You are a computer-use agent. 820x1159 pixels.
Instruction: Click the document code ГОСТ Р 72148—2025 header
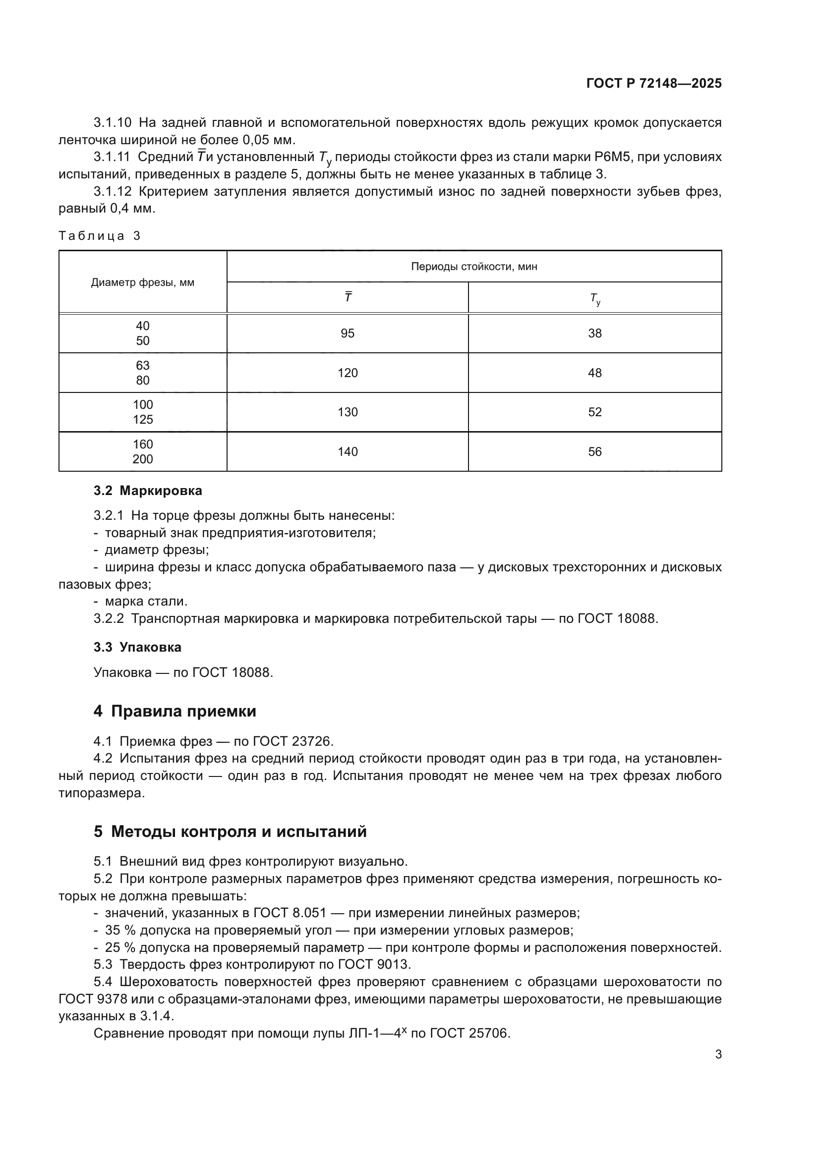[x=654, y=84]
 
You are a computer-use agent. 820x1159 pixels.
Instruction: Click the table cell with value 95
[x=348, y=333]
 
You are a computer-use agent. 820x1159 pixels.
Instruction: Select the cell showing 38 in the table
[x=594, y=333]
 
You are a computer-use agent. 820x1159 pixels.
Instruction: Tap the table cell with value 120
[x=348, y=373]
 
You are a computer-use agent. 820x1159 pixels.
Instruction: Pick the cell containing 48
[x=594, y=373]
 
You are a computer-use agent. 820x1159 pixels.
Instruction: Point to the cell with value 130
[x=348, y=412]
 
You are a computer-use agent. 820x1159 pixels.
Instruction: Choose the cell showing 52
[x=594, y=412]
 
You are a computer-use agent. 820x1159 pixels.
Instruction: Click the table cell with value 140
[x=348, y=452]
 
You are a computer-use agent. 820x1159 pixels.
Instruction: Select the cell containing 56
[x=594, y=452]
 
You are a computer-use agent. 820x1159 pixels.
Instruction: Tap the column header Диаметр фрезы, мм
[x=142, y=282]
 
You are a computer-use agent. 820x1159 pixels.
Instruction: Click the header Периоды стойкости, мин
[x=473, y=267]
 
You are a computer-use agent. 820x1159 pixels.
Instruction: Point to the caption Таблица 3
[x=100, y=236]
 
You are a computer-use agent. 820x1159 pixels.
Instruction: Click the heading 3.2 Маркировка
[x=147, y=491]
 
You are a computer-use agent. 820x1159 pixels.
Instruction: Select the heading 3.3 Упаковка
[x=137, y=647]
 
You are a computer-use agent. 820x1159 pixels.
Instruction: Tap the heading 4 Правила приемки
[x=175, y=711]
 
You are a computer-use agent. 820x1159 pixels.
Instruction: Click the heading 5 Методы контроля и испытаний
[x=230, y=831]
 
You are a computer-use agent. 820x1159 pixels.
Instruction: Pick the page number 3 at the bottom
[x=718, y=1054]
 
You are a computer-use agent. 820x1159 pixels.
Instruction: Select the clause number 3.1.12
[x=112, y=192]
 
